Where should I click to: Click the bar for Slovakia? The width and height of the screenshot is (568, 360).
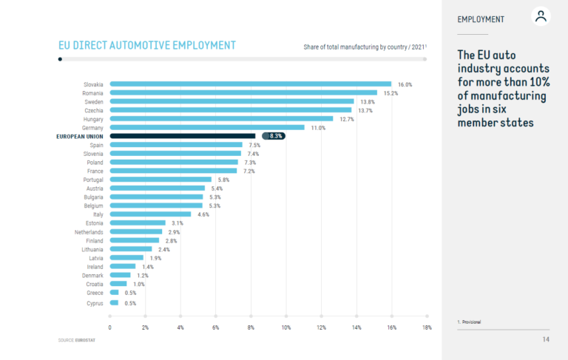(x=250, y=84)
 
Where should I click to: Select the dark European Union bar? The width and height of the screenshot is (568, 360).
(x=183, y=136)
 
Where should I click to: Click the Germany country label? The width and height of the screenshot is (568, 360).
(x=92, y=127)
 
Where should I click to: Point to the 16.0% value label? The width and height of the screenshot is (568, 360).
(x=404, y=84)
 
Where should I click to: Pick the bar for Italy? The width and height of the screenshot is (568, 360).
(x=150, y=214)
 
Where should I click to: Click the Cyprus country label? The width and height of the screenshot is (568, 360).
(x=94, y=302)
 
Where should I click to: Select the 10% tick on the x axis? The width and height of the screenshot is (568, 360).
(x=286, y=327)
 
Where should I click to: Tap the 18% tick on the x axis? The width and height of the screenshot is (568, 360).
(x=427, y=327)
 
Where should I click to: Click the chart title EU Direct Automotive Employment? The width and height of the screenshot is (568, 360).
(x=147, y=46)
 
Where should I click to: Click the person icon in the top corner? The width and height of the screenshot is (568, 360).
(x=541, y=17)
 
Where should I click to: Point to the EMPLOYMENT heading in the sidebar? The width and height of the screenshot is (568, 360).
(x=481, y=19)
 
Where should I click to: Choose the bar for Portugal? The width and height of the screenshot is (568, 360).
(x=160, y=180)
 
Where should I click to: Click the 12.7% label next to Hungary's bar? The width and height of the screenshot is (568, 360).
(x=346, y=119)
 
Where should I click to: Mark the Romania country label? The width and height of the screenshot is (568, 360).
(x=92, y=93)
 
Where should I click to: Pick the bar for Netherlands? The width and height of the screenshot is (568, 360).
(x=135, y=232)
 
